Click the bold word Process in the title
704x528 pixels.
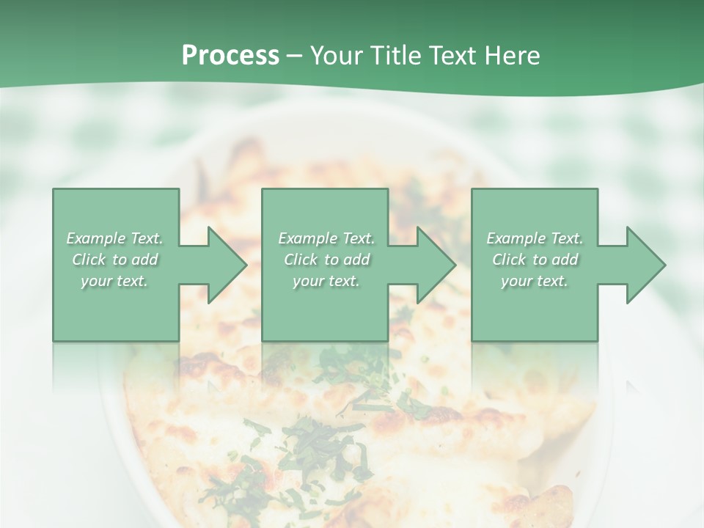point(230,56)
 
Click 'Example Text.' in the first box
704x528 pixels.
point(114,238)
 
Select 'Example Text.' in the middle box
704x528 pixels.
point(326,238)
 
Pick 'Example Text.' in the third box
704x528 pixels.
point(535,238)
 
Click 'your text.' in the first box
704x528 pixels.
point(114,281)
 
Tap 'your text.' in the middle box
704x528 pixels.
point(326,281)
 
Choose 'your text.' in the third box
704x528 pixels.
point(535,281)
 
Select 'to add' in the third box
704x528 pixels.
point(556,260)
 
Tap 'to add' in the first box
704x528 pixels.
point(136,260)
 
